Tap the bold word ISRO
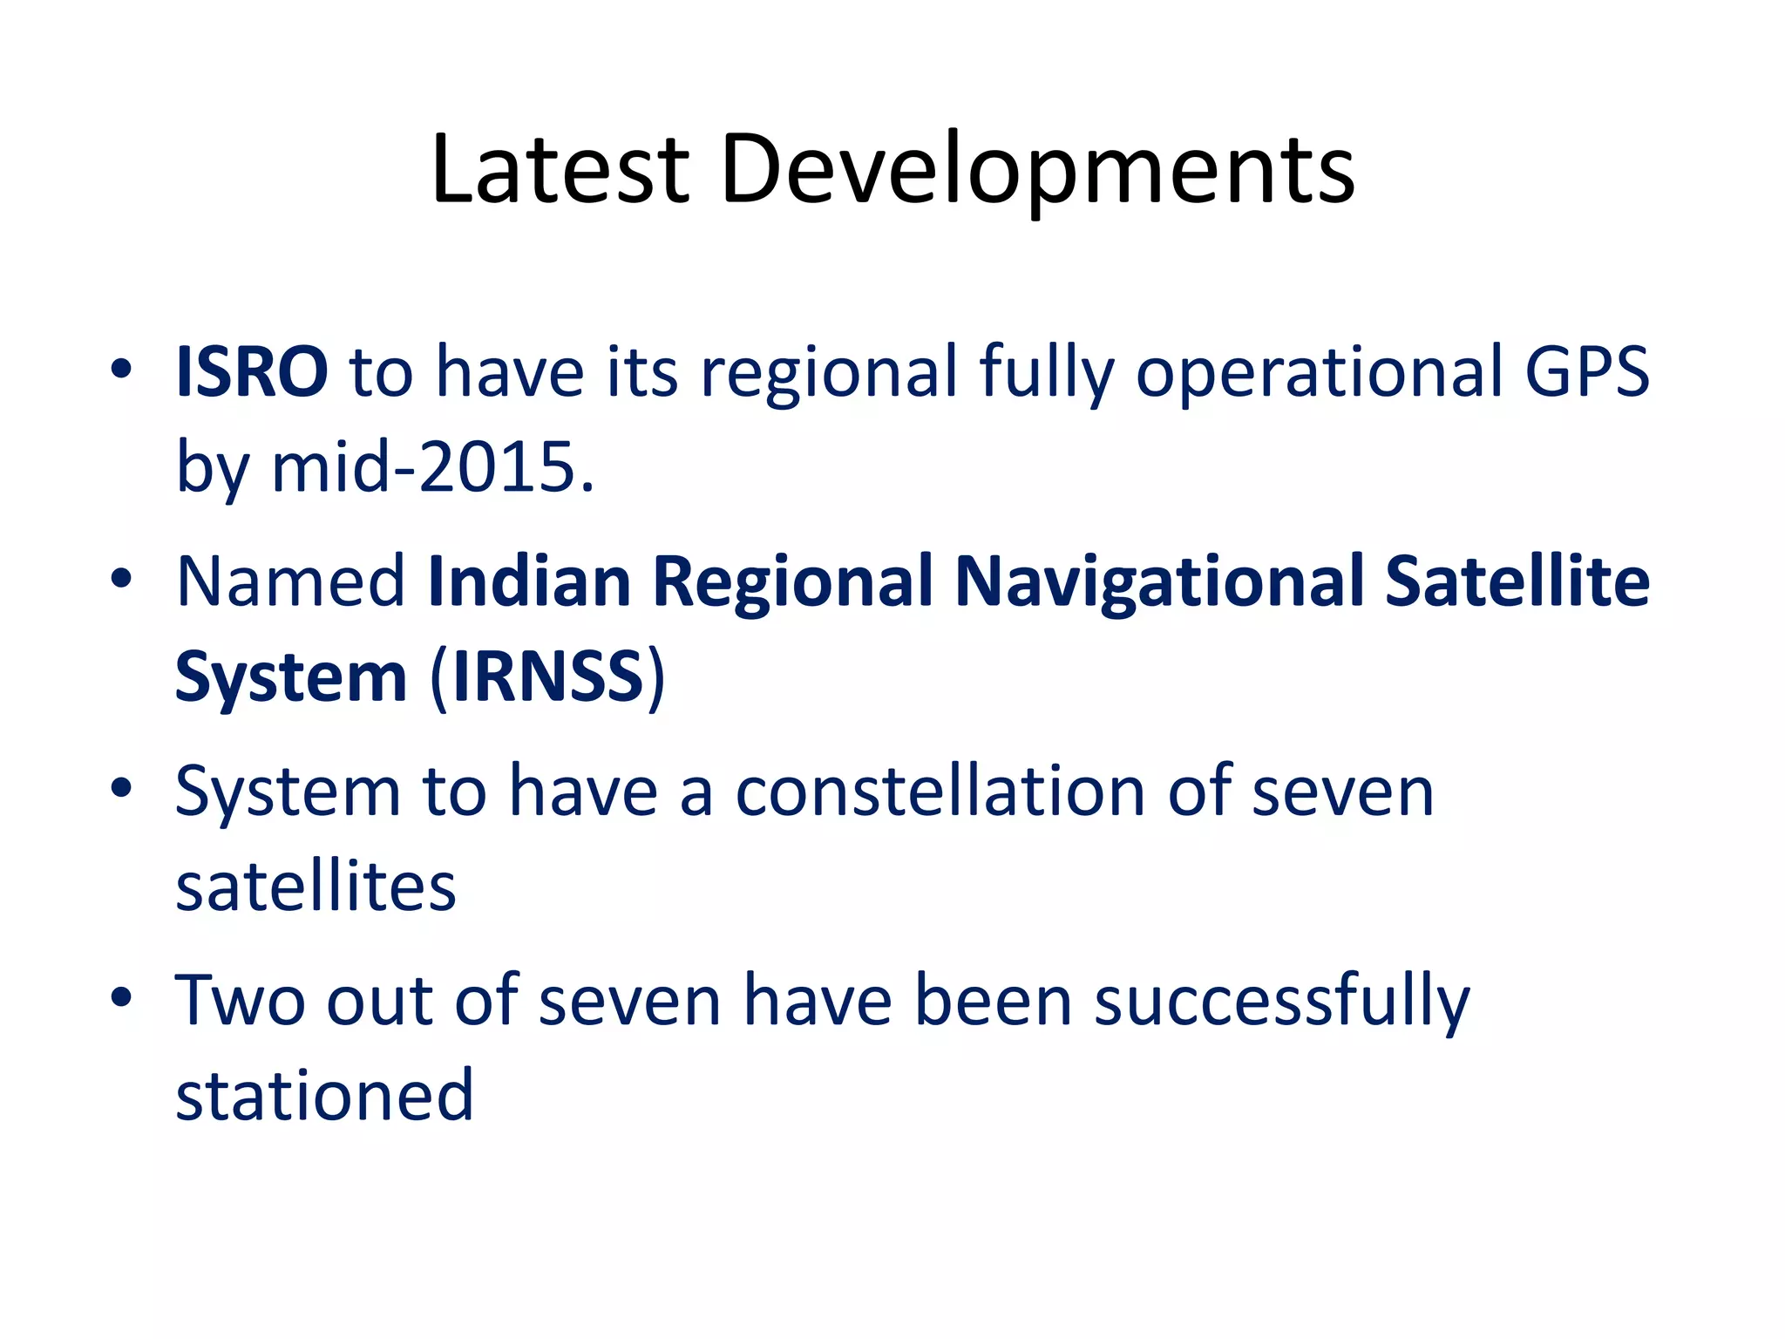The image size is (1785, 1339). click(x=252, y=372)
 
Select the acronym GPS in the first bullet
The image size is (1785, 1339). click(x=1586, y=372)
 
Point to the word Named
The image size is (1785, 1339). click(x=290, y=581)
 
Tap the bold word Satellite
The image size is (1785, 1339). click(x=1517, y=581)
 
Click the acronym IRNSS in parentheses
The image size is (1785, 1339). click(x=547, y=676)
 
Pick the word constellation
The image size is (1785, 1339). click(x=940, y=792)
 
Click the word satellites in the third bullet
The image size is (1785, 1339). click(x=316, y=887)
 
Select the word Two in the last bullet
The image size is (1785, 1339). click(x=240, y=1001)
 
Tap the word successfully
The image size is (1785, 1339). click(x=1281, y=1001)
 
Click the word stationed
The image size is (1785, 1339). click(x=324, y=1096)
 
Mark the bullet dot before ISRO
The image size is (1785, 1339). click(x=121, y=370)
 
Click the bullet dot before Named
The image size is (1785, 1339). click(x=121, y=579)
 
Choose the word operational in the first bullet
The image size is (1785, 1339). click(x=1319, y=372)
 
